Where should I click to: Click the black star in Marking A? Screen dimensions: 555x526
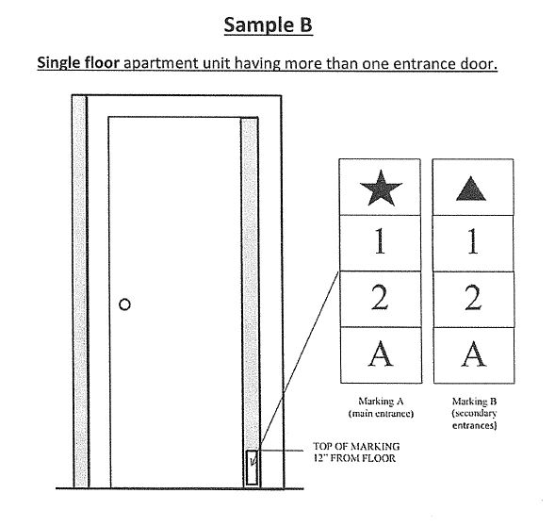point(381,189)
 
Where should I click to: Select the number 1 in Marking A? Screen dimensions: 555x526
point(380,241)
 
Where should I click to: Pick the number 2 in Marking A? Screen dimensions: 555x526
point(380,298)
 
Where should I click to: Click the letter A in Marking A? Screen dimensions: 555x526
point(381,353)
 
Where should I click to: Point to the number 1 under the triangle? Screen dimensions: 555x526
point(473,241)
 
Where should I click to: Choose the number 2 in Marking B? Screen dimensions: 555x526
point(474,298)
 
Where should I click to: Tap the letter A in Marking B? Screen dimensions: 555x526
point(474,353)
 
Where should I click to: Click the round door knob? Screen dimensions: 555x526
point(124,304)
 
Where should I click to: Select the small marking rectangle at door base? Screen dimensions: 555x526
point(252,468)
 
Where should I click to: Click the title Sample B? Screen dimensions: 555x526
point(268,25)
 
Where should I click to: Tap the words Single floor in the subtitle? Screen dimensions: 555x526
point(78,63)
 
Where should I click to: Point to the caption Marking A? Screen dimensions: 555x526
point(381,402)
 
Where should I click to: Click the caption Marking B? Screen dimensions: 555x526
point(474,402)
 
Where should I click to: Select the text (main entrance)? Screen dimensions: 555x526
point(381,414)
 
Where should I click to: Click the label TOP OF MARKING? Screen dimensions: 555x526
point(356,446)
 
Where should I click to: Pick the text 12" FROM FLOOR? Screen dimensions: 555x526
point(354,458)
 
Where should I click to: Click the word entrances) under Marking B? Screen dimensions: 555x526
point(474,425)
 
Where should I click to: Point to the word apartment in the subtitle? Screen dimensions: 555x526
point(161,64)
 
